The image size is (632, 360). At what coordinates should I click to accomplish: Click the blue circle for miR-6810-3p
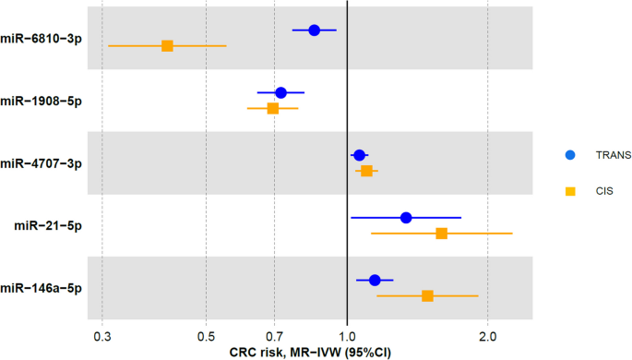(x=314, y=30)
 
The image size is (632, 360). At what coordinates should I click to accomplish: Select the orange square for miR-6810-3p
(x=167, y=46)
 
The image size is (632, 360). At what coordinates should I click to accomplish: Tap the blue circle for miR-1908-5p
(x=280, y=92)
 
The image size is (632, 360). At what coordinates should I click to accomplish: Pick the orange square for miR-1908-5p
(x=272, y=108)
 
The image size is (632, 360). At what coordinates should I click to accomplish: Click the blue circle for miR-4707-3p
(x=359, y=155)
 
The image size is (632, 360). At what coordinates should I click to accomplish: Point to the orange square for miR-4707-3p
(x=366, y=171)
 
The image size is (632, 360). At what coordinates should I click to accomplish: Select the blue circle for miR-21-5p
(x=406, y=218)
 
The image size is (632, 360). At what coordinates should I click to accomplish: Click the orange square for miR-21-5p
(x=441, y=234)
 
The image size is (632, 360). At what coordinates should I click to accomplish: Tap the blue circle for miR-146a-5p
(x=375, y=280)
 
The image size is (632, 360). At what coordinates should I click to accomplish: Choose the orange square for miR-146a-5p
(x=427, y=295)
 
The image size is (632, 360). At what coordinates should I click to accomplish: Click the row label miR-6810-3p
(x=42, y=38)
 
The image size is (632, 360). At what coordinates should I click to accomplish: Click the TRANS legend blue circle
(x=570, y=155)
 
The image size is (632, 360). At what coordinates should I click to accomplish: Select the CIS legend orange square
(x=570, y=191)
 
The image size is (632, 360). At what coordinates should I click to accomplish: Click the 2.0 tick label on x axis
(x=487, y=337)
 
